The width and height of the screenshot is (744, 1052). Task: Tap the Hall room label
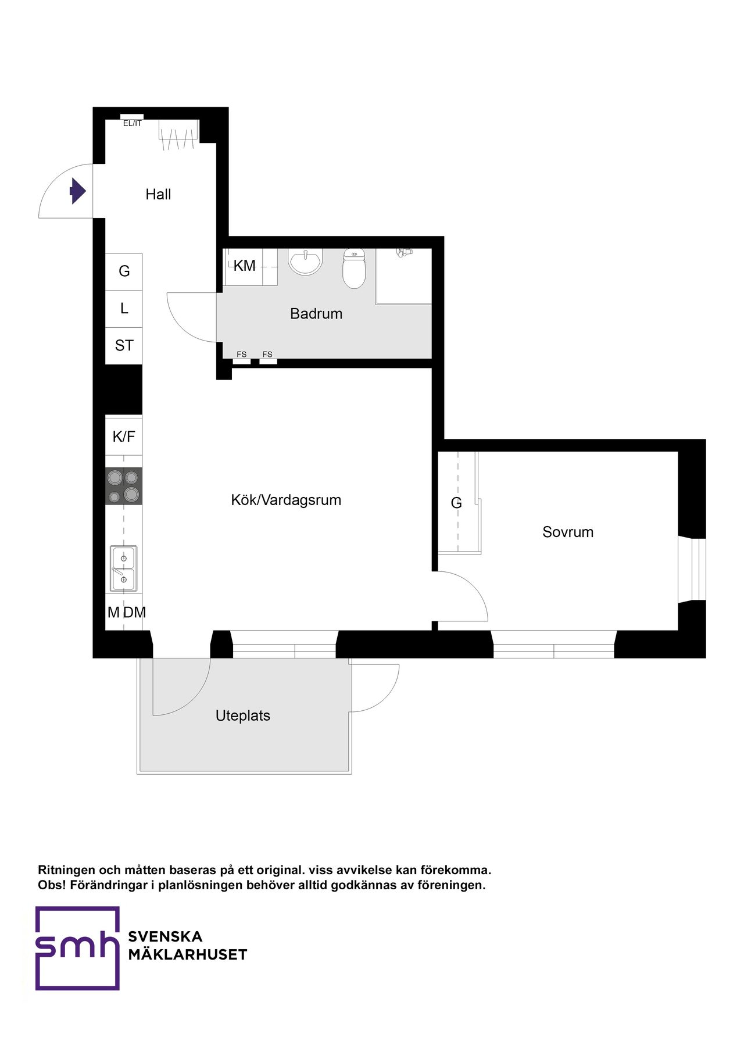(x=158, y=194)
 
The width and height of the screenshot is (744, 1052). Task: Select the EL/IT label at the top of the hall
(x=132, y=123)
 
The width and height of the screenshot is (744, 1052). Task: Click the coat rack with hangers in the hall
(x=178, y=135)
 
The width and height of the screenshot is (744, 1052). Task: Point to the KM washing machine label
(x=244, y=266)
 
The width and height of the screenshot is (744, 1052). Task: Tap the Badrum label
(x=316, y=314)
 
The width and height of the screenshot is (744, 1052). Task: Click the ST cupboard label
(x=124, y=346)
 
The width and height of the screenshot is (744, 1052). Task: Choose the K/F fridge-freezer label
(x=124, y=436)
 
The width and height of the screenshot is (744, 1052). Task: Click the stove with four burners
(x=124, y=486)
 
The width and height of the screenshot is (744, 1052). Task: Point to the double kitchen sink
(x=124, y=568)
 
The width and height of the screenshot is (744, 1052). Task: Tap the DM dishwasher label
(x=135, y=612)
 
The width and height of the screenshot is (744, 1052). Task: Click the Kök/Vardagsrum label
(x=285, y=500)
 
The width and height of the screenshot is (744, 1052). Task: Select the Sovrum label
(x=567, y=532)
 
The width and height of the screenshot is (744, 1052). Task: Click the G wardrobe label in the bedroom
(x=456, y=503)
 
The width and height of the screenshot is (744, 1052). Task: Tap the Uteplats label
(x=242, y=715)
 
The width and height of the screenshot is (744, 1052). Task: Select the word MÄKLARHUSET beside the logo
(x=188, y=955)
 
